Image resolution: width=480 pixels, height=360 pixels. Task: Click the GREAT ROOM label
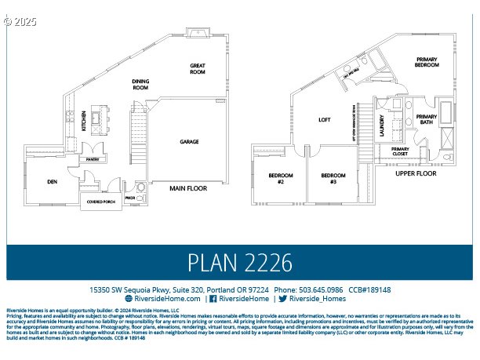197,69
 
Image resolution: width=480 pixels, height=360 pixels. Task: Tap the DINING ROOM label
140,85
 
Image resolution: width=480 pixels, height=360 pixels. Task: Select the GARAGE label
189,142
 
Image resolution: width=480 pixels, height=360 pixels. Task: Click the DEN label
53,182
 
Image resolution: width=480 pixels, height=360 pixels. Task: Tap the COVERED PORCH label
98,201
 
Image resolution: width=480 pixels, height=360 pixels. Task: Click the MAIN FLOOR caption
188,188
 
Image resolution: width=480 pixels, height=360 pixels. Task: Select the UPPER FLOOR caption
415,173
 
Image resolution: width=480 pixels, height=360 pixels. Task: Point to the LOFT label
325,120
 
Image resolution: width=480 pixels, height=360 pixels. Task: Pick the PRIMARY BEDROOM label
427,63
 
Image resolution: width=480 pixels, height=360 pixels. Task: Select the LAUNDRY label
382,125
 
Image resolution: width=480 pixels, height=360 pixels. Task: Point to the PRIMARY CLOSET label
400,151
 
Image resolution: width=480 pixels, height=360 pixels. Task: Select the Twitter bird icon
282,299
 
